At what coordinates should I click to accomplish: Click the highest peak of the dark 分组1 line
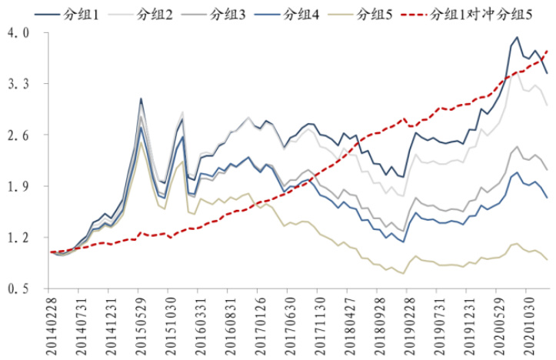(x=517, y=37)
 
